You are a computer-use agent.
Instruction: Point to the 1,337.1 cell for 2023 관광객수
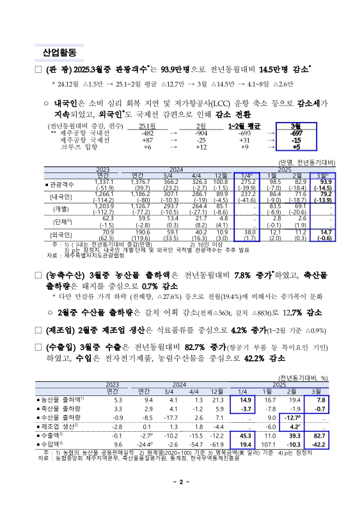pos(104,181)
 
